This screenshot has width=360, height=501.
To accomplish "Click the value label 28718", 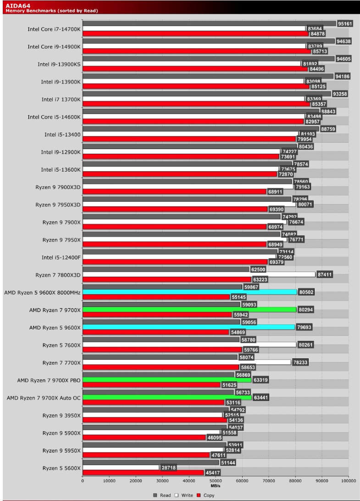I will [170, 467].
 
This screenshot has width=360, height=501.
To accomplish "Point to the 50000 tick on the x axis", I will [216, 481].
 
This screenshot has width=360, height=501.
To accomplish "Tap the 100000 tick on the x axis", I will [348, 481].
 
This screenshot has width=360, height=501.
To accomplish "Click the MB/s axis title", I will [216, 485].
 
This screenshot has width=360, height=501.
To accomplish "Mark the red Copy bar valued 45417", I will [143, 472].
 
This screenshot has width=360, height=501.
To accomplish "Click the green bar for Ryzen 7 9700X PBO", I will [167, 380].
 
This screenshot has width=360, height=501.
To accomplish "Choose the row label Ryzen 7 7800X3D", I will [58, 274].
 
